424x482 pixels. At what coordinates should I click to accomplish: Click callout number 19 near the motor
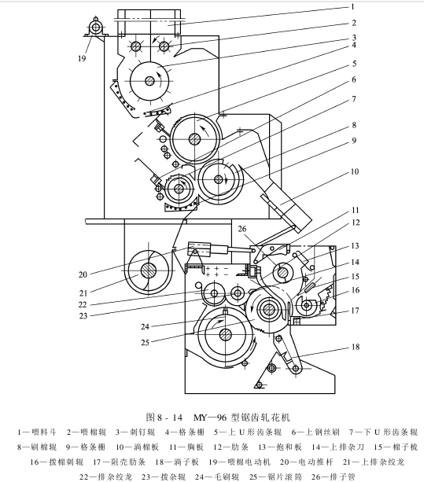pos(82,58)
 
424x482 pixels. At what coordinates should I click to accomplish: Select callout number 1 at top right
pos(353,6)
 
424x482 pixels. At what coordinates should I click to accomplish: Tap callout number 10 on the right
pos(355,171)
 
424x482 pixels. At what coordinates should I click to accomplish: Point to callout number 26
pos(242,229)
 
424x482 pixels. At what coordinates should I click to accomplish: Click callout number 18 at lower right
pos(356,347)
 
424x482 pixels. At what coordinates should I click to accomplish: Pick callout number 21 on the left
pos(83,293)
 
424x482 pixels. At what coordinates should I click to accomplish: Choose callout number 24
pos(145,326)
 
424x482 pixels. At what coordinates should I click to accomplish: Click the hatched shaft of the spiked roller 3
pos(149,81)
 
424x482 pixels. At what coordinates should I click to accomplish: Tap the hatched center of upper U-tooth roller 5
pos(195,139)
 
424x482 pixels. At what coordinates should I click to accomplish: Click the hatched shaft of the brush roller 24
pos(226,334)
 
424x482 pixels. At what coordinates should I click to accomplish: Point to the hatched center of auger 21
pos(149,270)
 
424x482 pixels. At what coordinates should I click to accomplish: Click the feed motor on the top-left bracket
pos(96,27)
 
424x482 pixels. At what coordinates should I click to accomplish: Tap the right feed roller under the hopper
pos(164,46)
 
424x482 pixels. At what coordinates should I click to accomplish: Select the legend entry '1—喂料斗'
pos(37,432)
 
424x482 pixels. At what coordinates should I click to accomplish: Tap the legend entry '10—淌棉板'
pos(137,447)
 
